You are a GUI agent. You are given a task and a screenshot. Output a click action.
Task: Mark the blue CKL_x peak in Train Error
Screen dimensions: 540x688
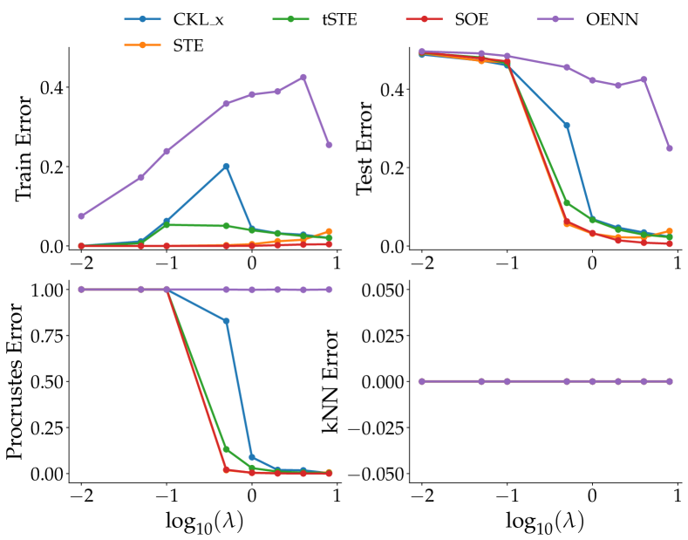click(226, 166)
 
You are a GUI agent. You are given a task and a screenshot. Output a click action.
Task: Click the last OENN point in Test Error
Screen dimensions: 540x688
click(669, 148)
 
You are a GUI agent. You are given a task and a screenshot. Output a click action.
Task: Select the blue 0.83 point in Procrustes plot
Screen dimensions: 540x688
click(226, 321)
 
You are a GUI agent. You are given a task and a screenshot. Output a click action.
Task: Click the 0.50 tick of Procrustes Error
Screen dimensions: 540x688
click(44, 381)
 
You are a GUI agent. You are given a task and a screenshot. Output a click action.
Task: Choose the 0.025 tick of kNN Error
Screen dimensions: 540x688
click(381, 335)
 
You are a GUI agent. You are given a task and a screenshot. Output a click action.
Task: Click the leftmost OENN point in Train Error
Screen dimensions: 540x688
click(81, 215)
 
